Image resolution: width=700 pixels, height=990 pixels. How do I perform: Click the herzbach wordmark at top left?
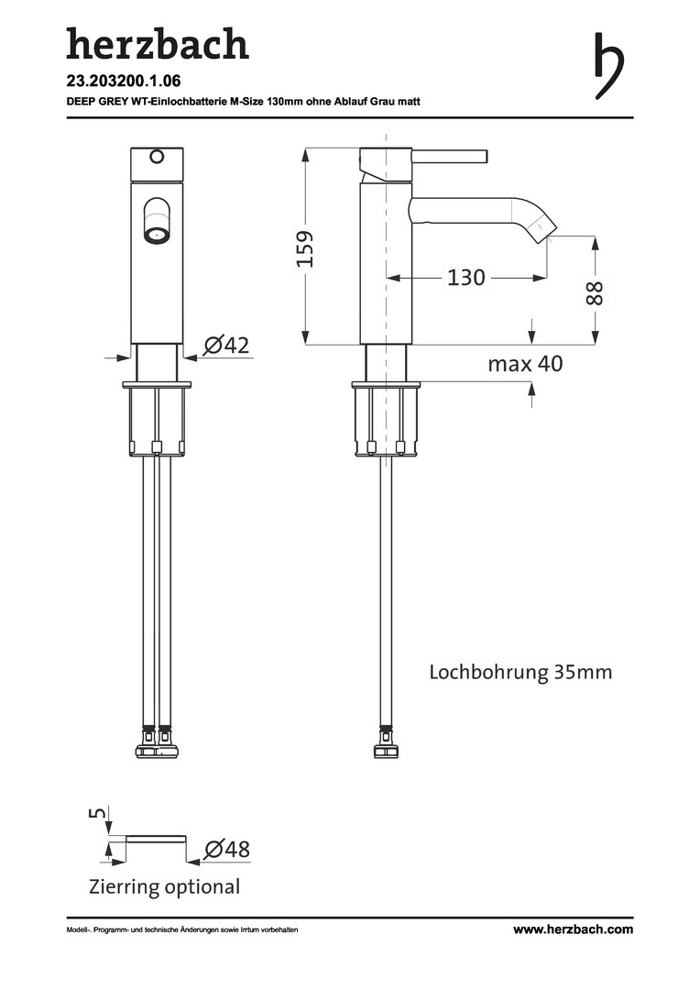click(158, 44)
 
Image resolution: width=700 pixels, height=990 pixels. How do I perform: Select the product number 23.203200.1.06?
click(124, 81)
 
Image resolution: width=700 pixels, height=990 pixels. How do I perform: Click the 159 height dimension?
click(305, 248)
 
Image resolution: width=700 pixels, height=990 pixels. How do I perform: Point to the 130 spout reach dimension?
click(465, 277)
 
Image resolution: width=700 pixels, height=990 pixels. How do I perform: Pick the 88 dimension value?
click(595, 293)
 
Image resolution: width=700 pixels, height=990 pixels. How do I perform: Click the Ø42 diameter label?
click(227, 346)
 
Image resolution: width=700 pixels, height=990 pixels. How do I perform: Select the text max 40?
click(525, 364)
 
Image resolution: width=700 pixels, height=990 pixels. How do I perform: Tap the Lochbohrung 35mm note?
click(520, 671)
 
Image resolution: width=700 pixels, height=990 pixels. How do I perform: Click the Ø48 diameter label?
click(227, 849)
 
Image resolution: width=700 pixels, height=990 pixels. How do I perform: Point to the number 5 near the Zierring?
click(98, 811)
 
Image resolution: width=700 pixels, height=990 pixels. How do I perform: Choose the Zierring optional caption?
click(165, 886)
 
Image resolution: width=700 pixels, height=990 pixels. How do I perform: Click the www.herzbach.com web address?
click(574, 929)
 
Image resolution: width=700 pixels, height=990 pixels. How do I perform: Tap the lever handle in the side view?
click(450, 156)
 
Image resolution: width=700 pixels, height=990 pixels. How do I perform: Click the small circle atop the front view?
click(156, 156)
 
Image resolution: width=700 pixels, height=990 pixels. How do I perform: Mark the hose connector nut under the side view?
click(385, 751)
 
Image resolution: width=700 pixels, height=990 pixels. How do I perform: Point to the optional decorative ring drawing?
click(157, 839)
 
